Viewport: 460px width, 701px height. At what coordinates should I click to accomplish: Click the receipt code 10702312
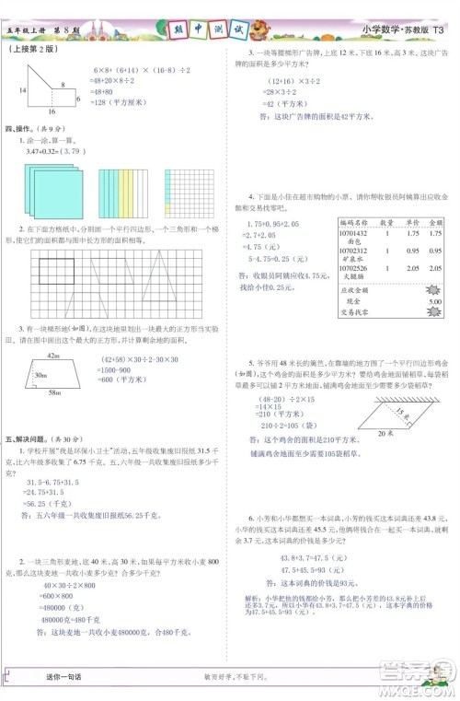tap(353, 250)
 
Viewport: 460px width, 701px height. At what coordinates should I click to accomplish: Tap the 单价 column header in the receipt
tap(415, 222)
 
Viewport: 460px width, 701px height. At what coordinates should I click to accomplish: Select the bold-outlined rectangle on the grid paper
tap(56, 271)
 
